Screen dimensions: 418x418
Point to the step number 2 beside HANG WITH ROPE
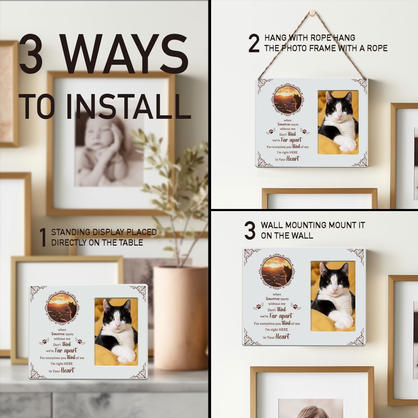254,44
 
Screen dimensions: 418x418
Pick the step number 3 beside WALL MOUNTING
250,230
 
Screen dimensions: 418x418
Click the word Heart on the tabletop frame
67,370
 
